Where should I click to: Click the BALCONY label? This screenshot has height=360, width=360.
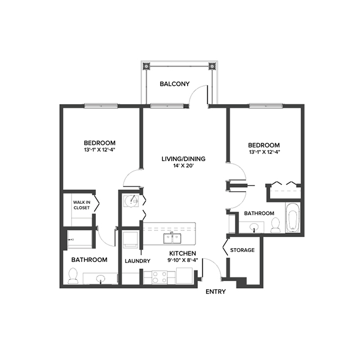click(174, 84)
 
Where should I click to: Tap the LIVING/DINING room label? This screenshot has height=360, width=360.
click(183, 159)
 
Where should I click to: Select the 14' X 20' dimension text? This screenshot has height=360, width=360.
click(183, 166)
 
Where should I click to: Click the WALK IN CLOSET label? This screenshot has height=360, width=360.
click(82, 205)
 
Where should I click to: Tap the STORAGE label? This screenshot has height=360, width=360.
click(242, 250)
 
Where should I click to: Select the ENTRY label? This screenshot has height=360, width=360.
click(215, 292)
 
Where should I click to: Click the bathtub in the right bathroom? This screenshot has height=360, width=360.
click(292, 219)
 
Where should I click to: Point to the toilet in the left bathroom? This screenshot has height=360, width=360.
click(73, 275)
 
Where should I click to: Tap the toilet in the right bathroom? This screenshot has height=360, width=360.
click(275, 224)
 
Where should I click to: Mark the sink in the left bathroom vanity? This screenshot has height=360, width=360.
click(100, 278)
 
